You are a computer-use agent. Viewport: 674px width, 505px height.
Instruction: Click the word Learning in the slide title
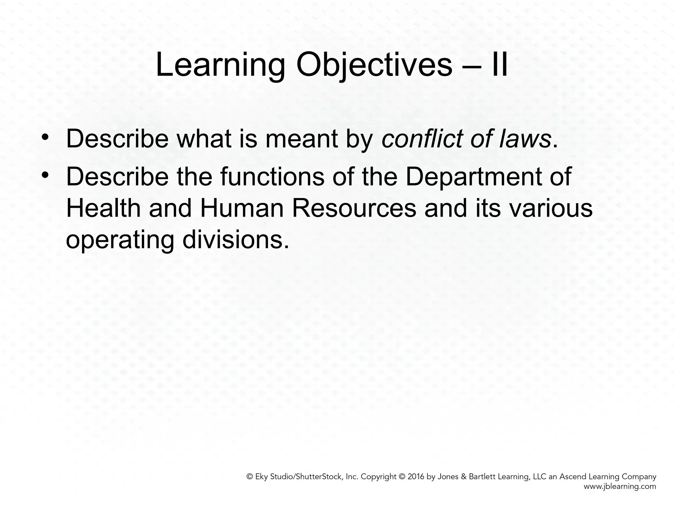[x=220, y=66]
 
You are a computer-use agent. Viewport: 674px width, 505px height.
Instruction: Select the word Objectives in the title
[x=374, y=66]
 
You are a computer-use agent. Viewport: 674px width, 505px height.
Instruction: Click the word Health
[x=103, y=208]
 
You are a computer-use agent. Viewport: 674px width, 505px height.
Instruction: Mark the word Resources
[x=354, y=208]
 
